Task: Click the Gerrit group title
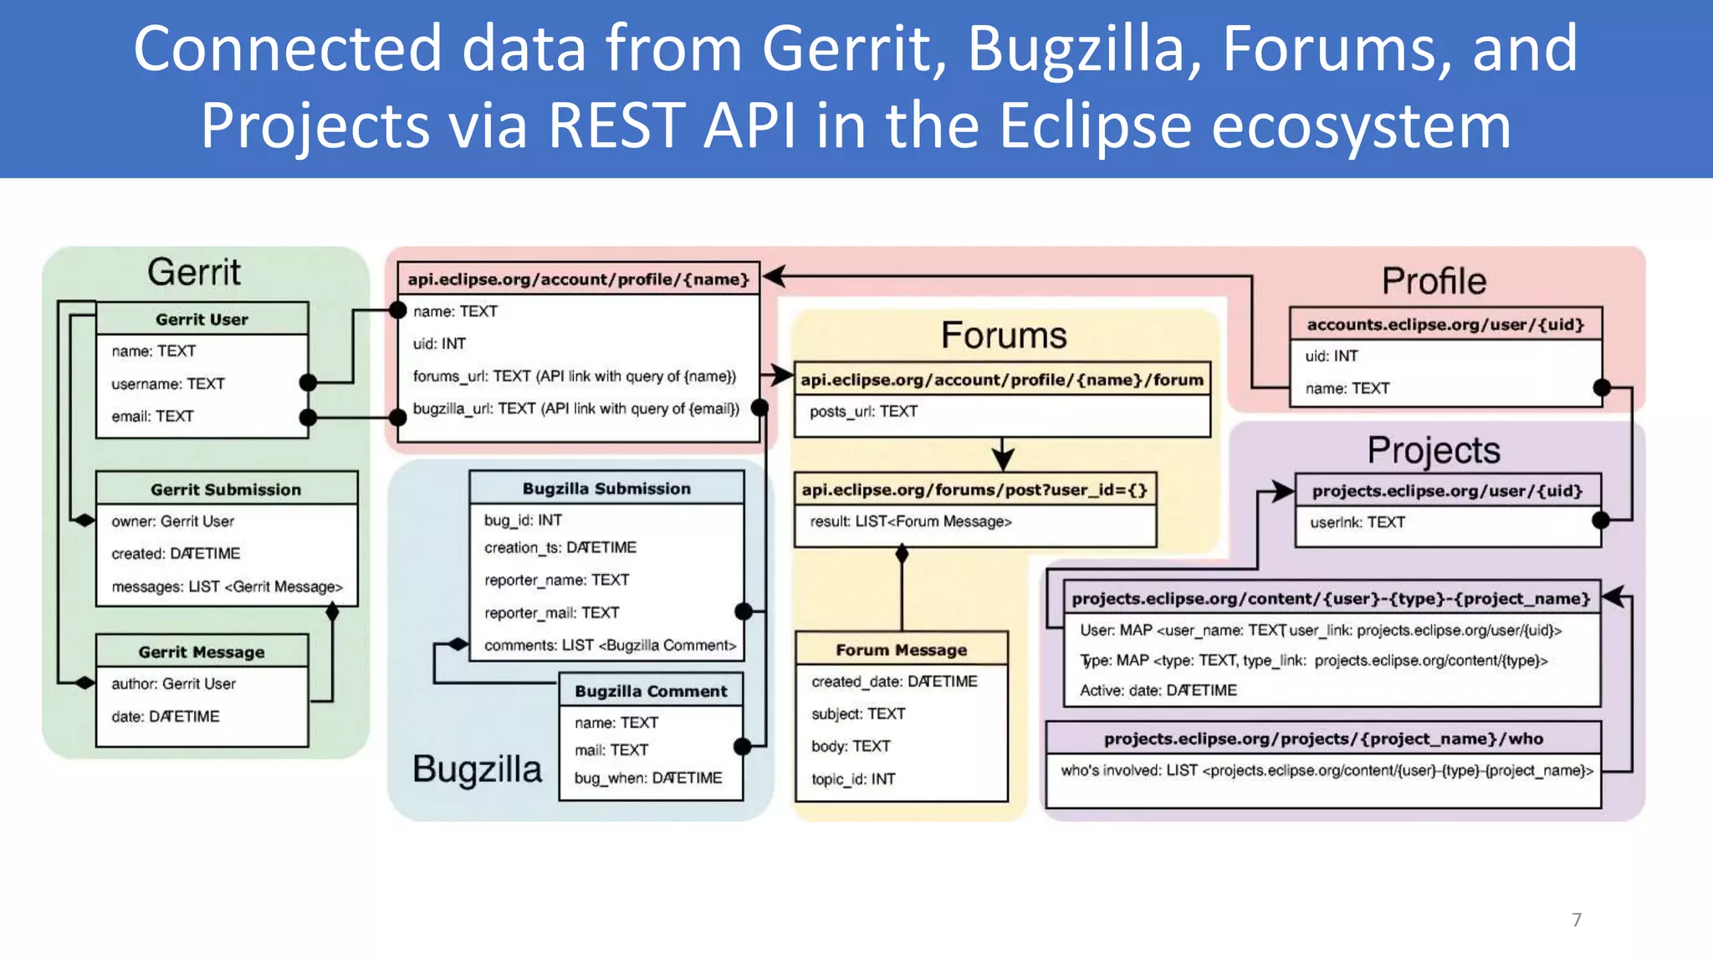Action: pyautogui.click(x=194, y=273)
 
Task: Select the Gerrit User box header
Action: pyautogui.click(x=202, y=319)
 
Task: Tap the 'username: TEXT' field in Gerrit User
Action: pyautogui.click(x=168, y=383)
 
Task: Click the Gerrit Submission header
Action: pyautogui.click(x=226, y=489)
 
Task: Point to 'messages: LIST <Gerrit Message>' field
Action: pyautogui.click(x=227, y=587)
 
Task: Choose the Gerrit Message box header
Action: pyautogui.click(x=202, y=651)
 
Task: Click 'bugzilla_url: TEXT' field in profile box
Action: pyautogui.click(x=575, y=408)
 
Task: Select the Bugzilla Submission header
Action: pyautogui.click(x=606, y=488)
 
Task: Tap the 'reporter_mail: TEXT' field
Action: pyautogui.click(x=551, y=613)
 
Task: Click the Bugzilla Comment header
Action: pyautogui.click(x=651, y=690)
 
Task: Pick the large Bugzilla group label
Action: pyautogui.click(x=477, y=768)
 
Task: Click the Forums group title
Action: pyautogui.click(x=1004, y=336)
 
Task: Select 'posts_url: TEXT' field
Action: pyautogui.click(x=863, y=411)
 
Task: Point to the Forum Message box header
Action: pyautogui.click(x=901, y=649)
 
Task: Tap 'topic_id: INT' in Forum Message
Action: pyautogui.click(x=853, y=779)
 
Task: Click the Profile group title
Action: pyautogui.click(x=1434, y=281)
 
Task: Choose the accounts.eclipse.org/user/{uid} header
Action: pyautogui.click(x=1445, y=324)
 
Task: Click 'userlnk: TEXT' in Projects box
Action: pyautogui.click(x=1357, y=522)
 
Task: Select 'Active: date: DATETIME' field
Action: pyautogui.click(x=1158, y=690)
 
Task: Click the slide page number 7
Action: pyautogui.click(x=1577, y=920)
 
